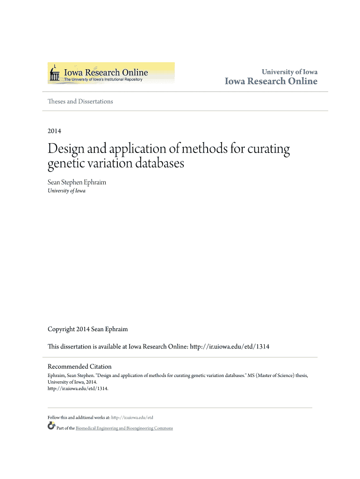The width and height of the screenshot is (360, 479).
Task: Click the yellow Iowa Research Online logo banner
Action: pyautogui.click(x=111, y=73)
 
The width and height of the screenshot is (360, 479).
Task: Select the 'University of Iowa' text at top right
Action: pyautogui.click(x=289, y=72)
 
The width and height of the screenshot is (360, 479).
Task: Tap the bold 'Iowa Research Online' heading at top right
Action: pyautogui.click(x=271, y=81)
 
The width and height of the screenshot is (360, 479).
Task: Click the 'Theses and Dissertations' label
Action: pyautogui.click(x=80, y=102)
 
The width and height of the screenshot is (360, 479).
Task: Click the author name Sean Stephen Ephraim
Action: pyautogui.click(x=77, y=182)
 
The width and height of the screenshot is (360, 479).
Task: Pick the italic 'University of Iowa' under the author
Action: pyautogui.click(x=66, y=191)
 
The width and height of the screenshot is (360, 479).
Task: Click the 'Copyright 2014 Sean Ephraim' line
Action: pyautogui.click(x=87, y=329)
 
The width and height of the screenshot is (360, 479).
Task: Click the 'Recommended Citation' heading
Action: pyautogui.click(x=79, y=367)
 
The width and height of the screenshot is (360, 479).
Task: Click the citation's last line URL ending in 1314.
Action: pyautogui.click(x=78, y=388)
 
